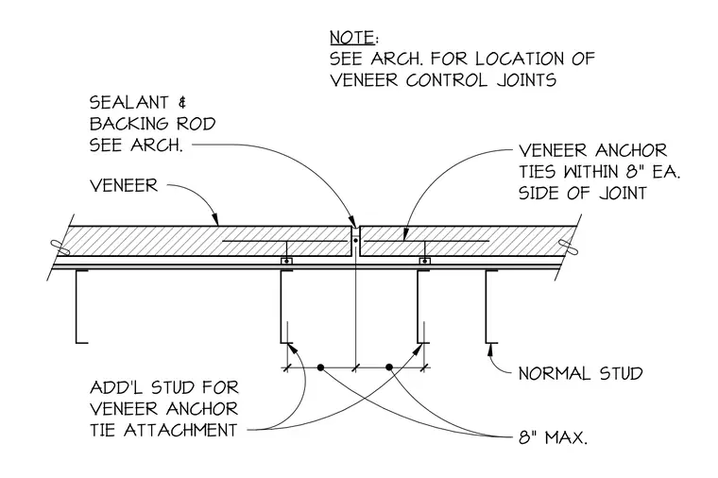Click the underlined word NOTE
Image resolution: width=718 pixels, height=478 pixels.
coord(351,37)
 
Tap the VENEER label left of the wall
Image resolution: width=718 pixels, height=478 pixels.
coord(124,185)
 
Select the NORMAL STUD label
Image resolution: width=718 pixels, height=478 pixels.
coord(580,373)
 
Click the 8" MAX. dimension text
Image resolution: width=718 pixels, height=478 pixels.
coord(553,437)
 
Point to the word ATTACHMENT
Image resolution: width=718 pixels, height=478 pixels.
coord(180,430)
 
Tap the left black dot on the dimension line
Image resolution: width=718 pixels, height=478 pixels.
coord(320,367)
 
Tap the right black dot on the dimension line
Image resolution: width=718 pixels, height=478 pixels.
coord(389,367)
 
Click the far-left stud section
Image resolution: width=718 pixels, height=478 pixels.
coord(77,306)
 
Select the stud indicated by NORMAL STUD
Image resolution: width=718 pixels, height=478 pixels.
coord(487,306)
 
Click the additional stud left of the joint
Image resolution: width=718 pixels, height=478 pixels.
coord(282,306)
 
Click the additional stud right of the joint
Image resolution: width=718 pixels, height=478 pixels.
coord(419,306)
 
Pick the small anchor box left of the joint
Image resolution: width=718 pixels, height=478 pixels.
coord(286,261)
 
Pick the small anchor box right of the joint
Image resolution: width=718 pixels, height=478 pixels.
coord(425,261)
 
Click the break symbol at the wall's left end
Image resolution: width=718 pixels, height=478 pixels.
coord(60,248)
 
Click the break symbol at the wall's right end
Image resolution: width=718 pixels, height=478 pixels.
coord(569,248)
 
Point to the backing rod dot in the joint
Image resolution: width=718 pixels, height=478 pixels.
coord(355,239)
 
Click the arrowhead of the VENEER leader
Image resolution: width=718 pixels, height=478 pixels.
coord(215,221)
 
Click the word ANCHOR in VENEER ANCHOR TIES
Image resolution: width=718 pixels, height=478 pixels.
coord(631,150)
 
